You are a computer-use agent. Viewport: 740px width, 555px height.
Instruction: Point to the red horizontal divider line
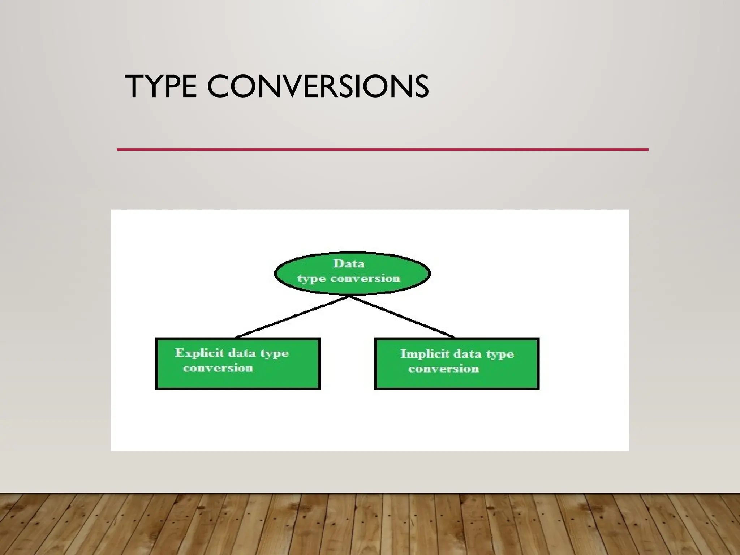point(382,149)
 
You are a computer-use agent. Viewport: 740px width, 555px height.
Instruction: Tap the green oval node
point(352,273)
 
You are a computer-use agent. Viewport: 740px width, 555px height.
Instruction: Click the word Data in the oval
point(349,263)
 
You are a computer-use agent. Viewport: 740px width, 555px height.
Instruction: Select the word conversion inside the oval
point(365,279)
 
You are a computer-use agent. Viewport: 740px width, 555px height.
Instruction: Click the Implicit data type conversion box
point(457,378)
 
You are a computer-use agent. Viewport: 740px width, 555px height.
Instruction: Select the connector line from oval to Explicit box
point(293,317)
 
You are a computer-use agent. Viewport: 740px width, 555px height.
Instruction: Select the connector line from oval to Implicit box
point(402,317)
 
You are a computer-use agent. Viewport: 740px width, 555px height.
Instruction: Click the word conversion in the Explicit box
point(218,368)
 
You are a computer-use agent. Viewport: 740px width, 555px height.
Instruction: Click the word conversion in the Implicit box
point(444,369)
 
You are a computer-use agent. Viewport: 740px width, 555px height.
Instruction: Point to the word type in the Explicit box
point(274,353)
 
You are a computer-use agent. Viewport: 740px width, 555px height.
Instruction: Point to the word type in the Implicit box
point(500,354)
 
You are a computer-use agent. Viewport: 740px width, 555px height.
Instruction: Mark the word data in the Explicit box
point(242,353)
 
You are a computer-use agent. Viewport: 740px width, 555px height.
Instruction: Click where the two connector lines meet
point(350,296)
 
